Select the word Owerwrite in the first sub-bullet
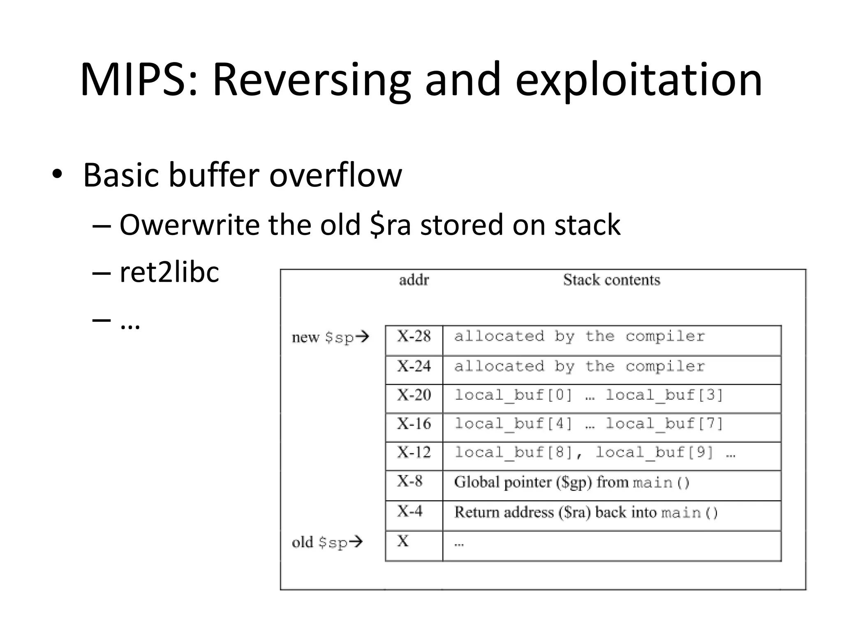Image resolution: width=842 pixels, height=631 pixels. (x=189, y=225)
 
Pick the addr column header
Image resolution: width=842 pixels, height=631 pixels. (x=414, y=280)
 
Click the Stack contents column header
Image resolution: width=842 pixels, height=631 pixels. (x=611, y=280)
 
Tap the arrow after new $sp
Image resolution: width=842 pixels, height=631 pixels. (x=362, y=337)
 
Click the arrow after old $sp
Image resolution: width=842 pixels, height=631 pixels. (x=356, y=542)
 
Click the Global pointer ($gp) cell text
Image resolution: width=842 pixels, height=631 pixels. (x=571, y=482)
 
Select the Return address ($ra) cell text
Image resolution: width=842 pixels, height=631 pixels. (x=586, y=513)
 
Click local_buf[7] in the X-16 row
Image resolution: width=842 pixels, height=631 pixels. (x=664, y=424)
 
